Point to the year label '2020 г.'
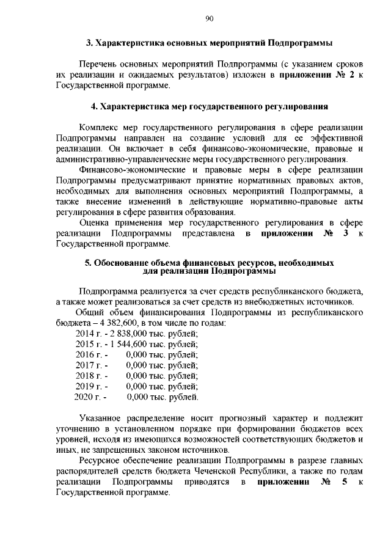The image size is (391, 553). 87,398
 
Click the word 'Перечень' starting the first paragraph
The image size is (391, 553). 97,64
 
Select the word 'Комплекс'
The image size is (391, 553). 98,127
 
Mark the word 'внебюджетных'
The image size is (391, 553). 282,301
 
